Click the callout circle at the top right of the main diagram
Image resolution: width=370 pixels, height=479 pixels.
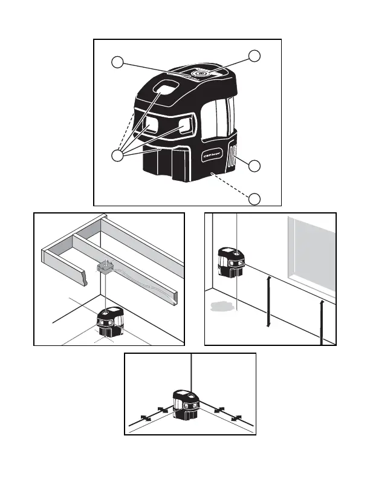(256, 56)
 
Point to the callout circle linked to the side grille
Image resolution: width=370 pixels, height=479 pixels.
(256, 165)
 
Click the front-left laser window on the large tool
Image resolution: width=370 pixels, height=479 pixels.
(149, 125)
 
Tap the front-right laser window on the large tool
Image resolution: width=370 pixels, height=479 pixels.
(186, 123)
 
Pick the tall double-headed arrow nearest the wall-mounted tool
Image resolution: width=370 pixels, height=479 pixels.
(268, 301)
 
